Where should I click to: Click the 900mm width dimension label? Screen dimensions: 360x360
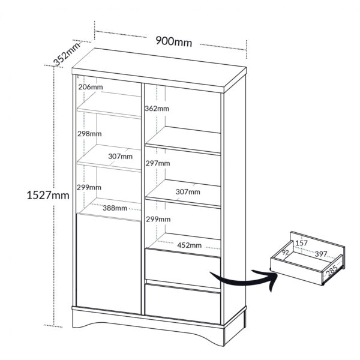pos(174,41)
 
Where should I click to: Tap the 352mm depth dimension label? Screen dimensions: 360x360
pos(67,54)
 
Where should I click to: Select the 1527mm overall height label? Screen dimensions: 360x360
pos(48,196)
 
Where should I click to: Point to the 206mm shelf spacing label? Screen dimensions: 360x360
pos(91,87)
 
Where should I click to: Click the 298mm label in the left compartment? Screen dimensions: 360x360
pos(89,134)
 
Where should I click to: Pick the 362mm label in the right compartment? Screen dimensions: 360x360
pos(157,109)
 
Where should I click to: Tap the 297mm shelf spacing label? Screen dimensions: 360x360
pos(158,163)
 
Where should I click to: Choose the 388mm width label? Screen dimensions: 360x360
pos(115,208)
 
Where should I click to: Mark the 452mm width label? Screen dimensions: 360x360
pos(190,245)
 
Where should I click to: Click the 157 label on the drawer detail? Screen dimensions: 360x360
pos(301,243)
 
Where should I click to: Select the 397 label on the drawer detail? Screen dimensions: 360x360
pos(321,254)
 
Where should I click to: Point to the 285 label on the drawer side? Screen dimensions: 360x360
pos(332,270)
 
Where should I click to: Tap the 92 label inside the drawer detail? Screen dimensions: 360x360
pos(286,253)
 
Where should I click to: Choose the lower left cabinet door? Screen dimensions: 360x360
pos(109,263)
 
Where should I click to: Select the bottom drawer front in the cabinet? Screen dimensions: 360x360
pos(183,304)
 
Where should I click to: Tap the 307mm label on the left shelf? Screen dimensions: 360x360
pos(121,157)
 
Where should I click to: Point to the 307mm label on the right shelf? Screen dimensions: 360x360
pos(188,191)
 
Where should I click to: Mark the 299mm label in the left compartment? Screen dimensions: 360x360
pos(89,187)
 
